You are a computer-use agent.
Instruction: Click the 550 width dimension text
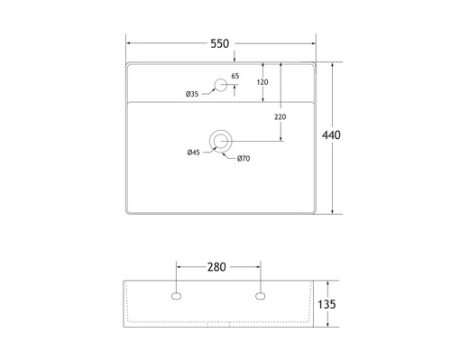click(219, 43)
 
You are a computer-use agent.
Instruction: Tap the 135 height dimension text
click(327, 305)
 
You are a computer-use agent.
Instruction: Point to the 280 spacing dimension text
click(217, 267)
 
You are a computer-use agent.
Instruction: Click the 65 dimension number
click(235, 76)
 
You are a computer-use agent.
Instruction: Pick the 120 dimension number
click(262, 82)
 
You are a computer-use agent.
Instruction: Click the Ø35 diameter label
click(192, 95)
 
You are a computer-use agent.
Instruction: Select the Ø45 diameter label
click(194, 153)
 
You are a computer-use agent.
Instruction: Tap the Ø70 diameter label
click(244, 160)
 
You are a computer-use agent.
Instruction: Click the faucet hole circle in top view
click(219, 87)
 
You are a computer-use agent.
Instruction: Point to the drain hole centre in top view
click(220, 140)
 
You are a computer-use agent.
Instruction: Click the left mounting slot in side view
click(176, 295)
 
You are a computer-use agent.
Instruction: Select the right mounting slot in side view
click(261, 295)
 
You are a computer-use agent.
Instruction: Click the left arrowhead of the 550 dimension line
click(127, 43)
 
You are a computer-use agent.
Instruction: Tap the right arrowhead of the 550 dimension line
click(316, 43)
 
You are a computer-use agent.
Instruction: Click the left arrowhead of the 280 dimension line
click(178, 267)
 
